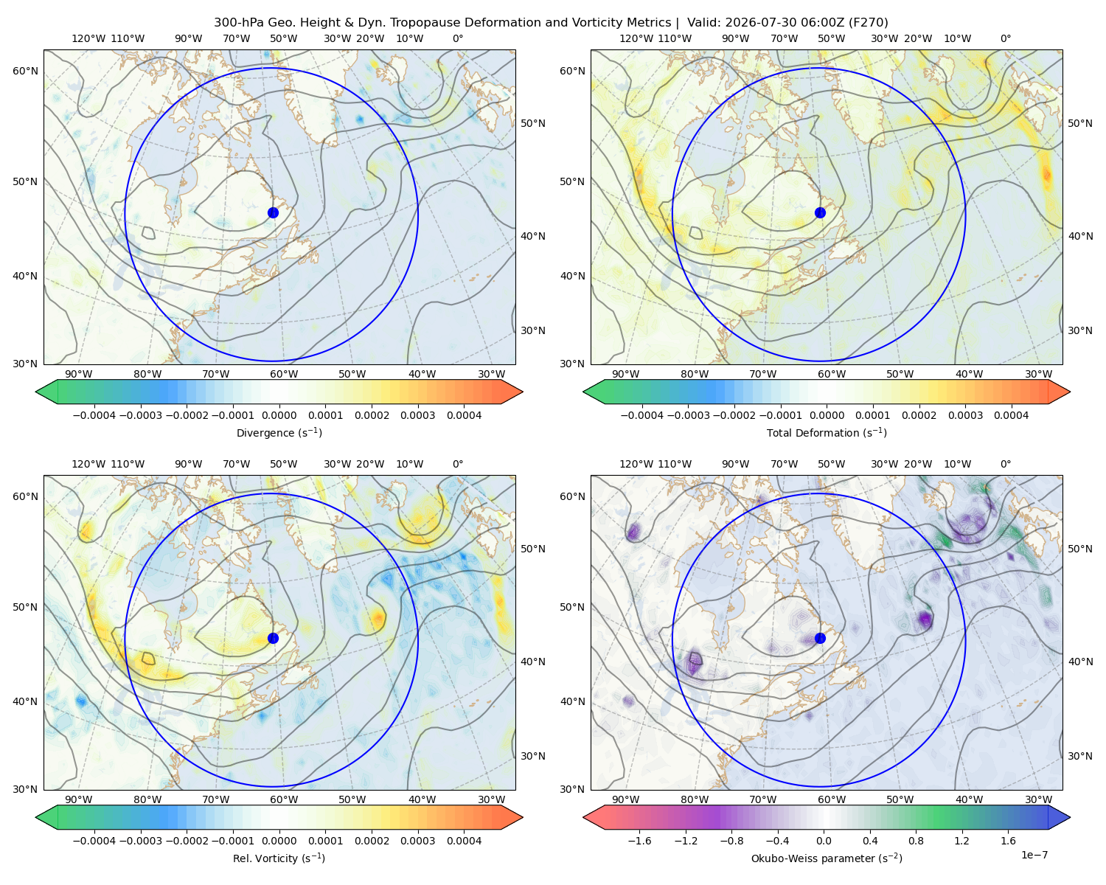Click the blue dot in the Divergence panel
[x=273, y=212]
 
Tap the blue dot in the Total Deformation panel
[x=820, y=212]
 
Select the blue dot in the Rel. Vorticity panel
[x=273, y=638]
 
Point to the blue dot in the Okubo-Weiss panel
[x=820, y=638]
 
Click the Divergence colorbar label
[x=279, y=432]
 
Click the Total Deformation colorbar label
[x=827, y=432]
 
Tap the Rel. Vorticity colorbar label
[x=279, y=858]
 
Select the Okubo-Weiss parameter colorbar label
[x=827, y=858]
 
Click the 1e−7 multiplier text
[x=1034, y=855]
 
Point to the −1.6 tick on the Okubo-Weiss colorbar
[x=639, y=840]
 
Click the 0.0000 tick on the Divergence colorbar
[x=279, y=415]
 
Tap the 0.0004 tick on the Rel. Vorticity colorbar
[x=464, y=840]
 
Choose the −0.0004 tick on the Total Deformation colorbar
[x=642, y=415]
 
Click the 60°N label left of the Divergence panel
[x=25, y=71]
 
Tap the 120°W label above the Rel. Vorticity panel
[x=88, y=464]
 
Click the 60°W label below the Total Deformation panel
[x=832, y=374]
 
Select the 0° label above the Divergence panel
[x=458, y=38]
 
